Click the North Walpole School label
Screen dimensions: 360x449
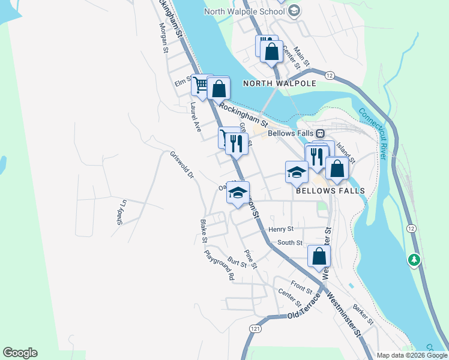244,11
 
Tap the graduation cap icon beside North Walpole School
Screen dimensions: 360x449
294,11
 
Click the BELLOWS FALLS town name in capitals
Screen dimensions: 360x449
330,190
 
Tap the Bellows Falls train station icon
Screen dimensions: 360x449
321,133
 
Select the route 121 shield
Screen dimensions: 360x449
256,329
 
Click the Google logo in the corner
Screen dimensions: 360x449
20,353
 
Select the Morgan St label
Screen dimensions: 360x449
163,38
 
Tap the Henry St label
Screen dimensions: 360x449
281,229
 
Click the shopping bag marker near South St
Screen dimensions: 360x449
319,256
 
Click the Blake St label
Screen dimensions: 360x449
203,232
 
